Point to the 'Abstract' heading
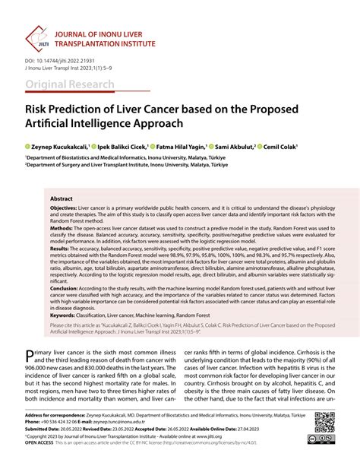[x=62, y=198]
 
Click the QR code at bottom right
[x=324, y=422]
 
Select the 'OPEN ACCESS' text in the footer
[x=43, y=443]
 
